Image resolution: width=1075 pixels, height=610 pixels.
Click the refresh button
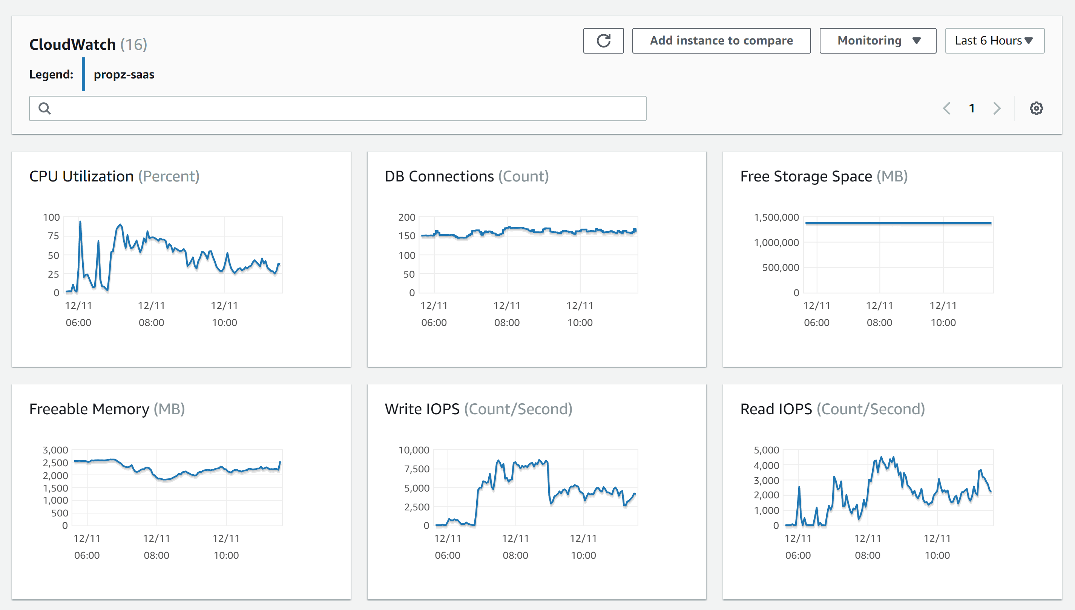603,41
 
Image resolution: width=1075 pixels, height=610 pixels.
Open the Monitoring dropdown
877,41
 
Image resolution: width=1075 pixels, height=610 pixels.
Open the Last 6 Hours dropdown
994,41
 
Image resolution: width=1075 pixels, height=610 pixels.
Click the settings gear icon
1036,109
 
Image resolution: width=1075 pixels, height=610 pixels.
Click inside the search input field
337,109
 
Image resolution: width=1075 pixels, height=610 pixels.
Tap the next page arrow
997,109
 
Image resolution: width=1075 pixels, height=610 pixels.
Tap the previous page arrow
947,109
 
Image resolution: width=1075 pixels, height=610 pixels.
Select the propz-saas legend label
124,75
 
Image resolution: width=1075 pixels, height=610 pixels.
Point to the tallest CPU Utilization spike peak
80,221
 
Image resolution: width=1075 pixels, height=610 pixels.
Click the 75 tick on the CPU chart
53,236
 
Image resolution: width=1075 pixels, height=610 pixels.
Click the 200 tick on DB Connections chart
406,217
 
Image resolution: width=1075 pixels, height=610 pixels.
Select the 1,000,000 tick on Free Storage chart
776,243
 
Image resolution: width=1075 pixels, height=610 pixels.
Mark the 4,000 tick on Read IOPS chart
766,466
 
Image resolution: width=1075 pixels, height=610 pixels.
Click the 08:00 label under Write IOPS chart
515,555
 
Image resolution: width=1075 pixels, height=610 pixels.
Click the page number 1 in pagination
972,109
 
